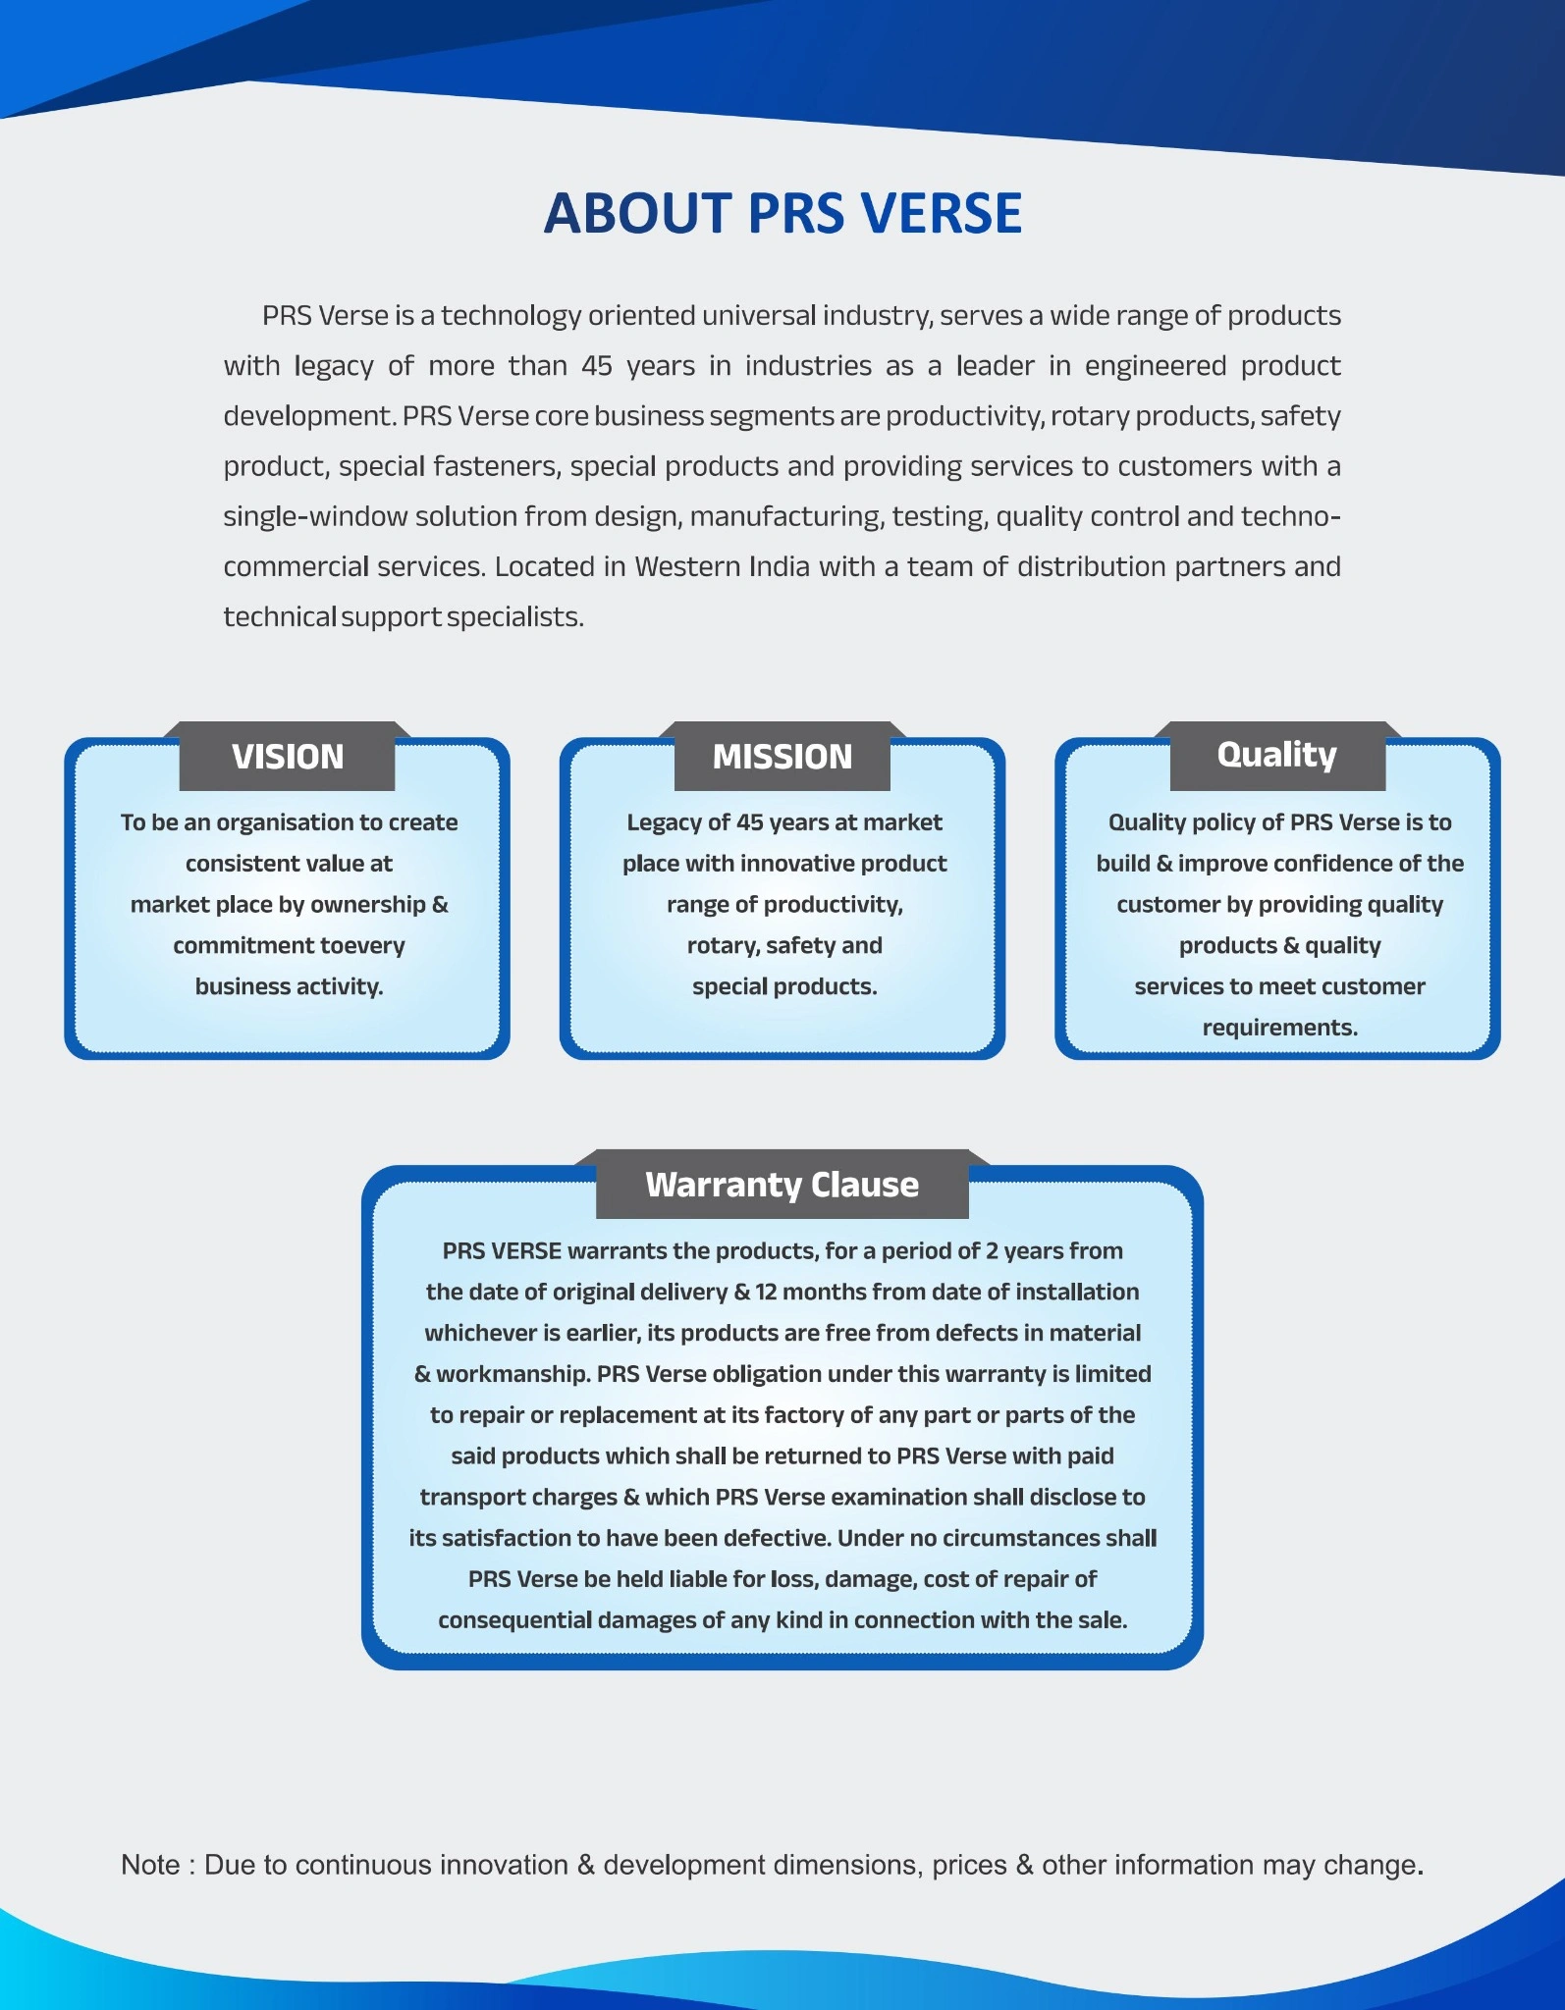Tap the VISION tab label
click(288, 757)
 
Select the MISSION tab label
click(782, 757)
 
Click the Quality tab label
click(1277, 756)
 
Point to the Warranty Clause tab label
click(782, 1186)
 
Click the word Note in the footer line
click(150, 1865)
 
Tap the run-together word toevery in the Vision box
click(364, 946)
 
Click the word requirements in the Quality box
click(1278, 1028)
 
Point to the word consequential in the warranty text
click(514, 1620)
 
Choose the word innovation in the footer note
click(504, 1865)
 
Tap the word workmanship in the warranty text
click(513, 1375)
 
